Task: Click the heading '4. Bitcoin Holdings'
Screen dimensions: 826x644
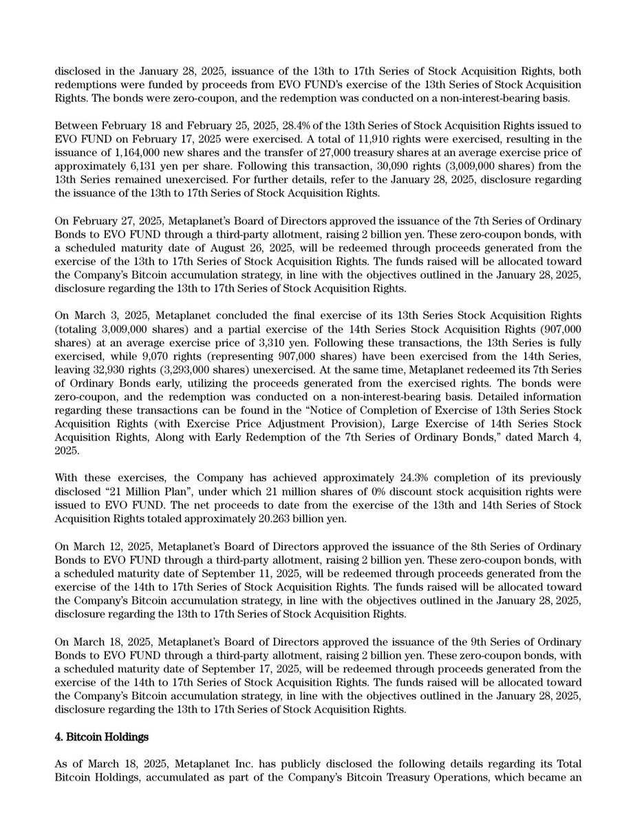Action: pyautogui.click(x=102, y=737)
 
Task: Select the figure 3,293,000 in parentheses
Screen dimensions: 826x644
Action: pyautogui.click(x=188, y=370)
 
